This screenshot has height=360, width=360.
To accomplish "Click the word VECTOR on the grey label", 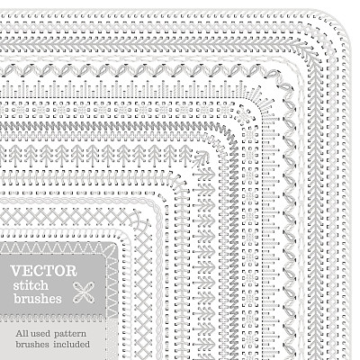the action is pyautogui.click(x=44, y=271).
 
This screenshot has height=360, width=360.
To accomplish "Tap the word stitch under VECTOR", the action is pyautogui.click(x=31, y=285).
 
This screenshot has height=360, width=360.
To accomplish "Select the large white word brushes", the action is pyautogui.click(x=38, y=298).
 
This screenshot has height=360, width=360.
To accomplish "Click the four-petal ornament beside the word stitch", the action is pyautogui.click(x=84, y=292).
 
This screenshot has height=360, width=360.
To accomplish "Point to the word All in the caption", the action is pyautogui.click(x=22, y=333).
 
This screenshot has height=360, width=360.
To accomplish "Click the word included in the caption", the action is pyautogui.click(x=71, y=344).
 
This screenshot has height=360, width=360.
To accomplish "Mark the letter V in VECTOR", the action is pyautogui.click(x=15, y=271).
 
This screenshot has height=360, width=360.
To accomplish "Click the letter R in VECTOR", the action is pyautogui.click(x=71, y=271).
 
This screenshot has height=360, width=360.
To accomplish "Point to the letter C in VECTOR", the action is pyautogui.click(x=38, y=271).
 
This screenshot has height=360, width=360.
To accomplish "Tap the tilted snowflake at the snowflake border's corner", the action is pyautogui.click(x=243, y=115).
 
